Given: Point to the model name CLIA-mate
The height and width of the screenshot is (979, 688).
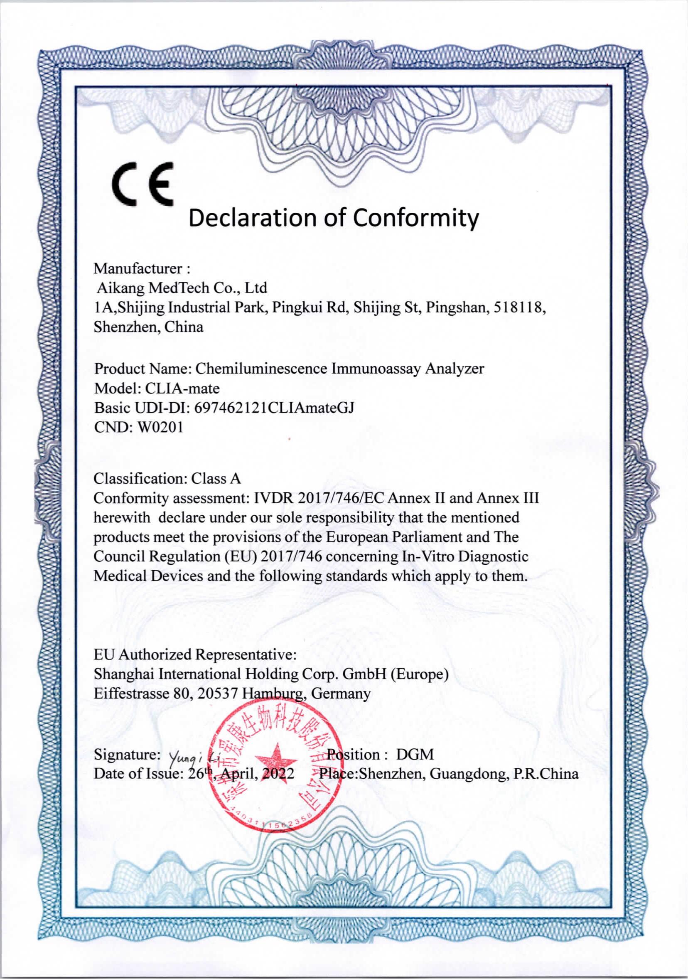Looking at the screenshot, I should (183, 389).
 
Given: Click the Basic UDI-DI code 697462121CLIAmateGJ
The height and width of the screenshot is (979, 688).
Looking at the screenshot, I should (274, 408).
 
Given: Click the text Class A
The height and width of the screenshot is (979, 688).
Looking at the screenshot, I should (216, 479).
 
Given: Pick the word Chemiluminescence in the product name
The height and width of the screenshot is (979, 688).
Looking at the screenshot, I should (260, 369).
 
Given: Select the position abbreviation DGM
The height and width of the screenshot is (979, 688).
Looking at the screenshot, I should (415, 755).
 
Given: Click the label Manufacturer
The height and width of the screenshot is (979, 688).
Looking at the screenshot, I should (138, 268).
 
